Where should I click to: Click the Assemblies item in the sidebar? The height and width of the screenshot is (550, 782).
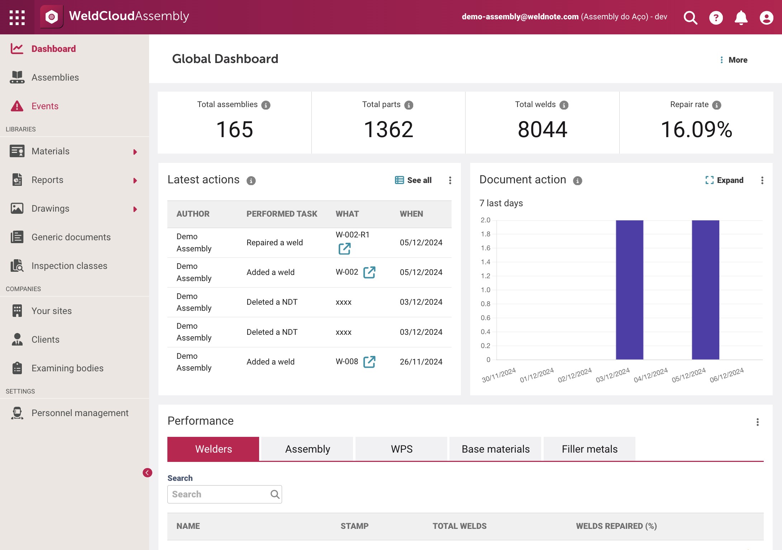tap(55, 77)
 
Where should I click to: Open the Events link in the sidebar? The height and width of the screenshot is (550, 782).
tap(45, 106)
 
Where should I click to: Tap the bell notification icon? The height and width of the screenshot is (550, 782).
tap(741, 17)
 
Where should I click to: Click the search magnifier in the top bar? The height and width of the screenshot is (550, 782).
tap(690, 17)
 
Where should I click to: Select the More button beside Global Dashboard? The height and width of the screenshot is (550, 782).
tap(734, 60)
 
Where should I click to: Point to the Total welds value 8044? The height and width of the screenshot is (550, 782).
tap(542, 129)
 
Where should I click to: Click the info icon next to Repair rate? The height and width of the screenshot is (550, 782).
tap(716, 105)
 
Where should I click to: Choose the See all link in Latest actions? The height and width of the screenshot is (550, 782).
tap(413, 180)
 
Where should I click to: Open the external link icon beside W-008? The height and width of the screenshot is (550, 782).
tap(369, 362)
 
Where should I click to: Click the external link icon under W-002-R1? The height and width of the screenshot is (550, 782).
tap(344, 249)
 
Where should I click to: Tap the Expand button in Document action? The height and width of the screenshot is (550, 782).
tap(724, 180)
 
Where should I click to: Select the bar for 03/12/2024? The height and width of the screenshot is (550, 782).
tap(629, 290)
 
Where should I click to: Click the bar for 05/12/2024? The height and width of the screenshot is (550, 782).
tap(705, 290)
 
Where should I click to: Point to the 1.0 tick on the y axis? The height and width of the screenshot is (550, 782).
tap(486, 290)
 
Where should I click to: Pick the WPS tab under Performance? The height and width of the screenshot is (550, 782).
tap(401, 449)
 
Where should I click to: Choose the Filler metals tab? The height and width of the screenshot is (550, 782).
tap(590, 449)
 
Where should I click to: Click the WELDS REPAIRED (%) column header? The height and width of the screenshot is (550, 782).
tap(616, 526)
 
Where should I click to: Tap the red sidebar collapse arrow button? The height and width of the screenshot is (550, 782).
tap(147, 473)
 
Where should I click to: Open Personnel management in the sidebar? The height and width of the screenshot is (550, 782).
tap(80, 413)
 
